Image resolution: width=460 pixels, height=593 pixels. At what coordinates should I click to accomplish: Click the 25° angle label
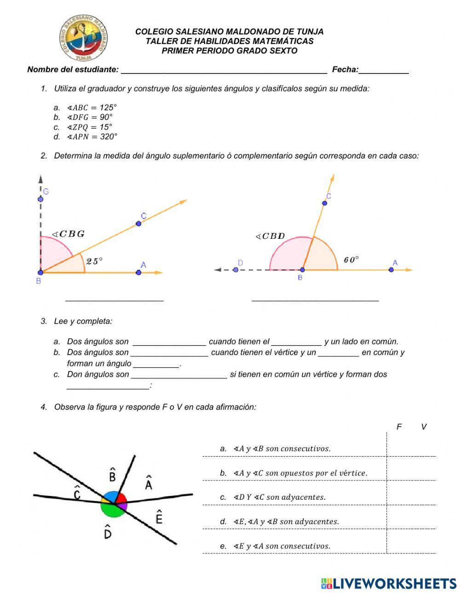click(94, 261)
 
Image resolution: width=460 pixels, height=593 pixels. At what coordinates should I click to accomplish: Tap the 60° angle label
click(351, 260)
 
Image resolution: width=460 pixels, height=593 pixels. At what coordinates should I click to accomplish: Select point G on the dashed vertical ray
click(40, 199)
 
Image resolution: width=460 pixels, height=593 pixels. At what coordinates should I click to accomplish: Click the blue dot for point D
click(236, 270)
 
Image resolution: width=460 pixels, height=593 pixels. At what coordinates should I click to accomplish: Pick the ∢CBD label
click(270, 237)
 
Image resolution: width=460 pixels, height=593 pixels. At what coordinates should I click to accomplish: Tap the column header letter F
click(399, 427)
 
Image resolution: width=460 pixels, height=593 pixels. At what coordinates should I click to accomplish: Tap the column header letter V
click(424, 427)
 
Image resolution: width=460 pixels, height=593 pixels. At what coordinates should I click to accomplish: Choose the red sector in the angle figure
click(121, 498)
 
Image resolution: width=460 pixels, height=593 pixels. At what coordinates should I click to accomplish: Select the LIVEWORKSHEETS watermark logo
click(389, 583)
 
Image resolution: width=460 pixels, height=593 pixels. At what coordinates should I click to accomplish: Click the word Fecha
click(345, 70)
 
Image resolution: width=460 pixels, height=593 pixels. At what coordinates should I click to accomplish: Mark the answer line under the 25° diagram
click(115, 300)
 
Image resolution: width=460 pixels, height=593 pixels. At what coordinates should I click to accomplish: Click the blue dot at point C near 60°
click(325, 203)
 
